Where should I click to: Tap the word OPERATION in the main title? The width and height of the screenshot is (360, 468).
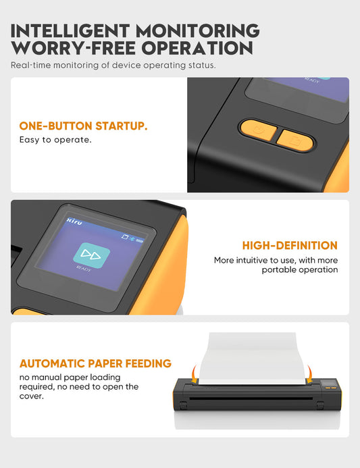[197, 48]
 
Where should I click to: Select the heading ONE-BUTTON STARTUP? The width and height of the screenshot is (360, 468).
[83, 126]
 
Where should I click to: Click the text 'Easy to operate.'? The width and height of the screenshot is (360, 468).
[55, 140]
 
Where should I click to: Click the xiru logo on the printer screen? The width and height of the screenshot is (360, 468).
[74, 221]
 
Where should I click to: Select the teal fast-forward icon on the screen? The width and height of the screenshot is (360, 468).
[91, 255]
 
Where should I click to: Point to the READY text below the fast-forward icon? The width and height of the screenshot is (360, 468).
[84, 269]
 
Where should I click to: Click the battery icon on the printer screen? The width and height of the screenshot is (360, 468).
[140, 240]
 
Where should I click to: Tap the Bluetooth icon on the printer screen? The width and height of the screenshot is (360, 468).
[132, 238]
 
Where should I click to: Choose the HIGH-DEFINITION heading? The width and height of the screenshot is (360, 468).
[290, 246]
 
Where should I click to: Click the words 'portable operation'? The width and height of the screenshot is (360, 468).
[300, 270]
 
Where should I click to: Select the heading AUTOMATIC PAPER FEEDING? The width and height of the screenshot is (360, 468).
[95, 363]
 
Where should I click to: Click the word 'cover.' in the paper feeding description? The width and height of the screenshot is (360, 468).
[31, 396]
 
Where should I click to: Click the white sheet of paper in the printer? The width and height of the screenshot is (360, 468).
[252, 359]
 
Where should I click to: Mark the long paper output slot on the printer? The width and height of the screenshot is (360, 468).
[251, 398]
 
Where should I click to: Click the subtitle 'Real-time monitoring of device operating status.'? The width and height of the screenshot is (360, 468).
[113, 65]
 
